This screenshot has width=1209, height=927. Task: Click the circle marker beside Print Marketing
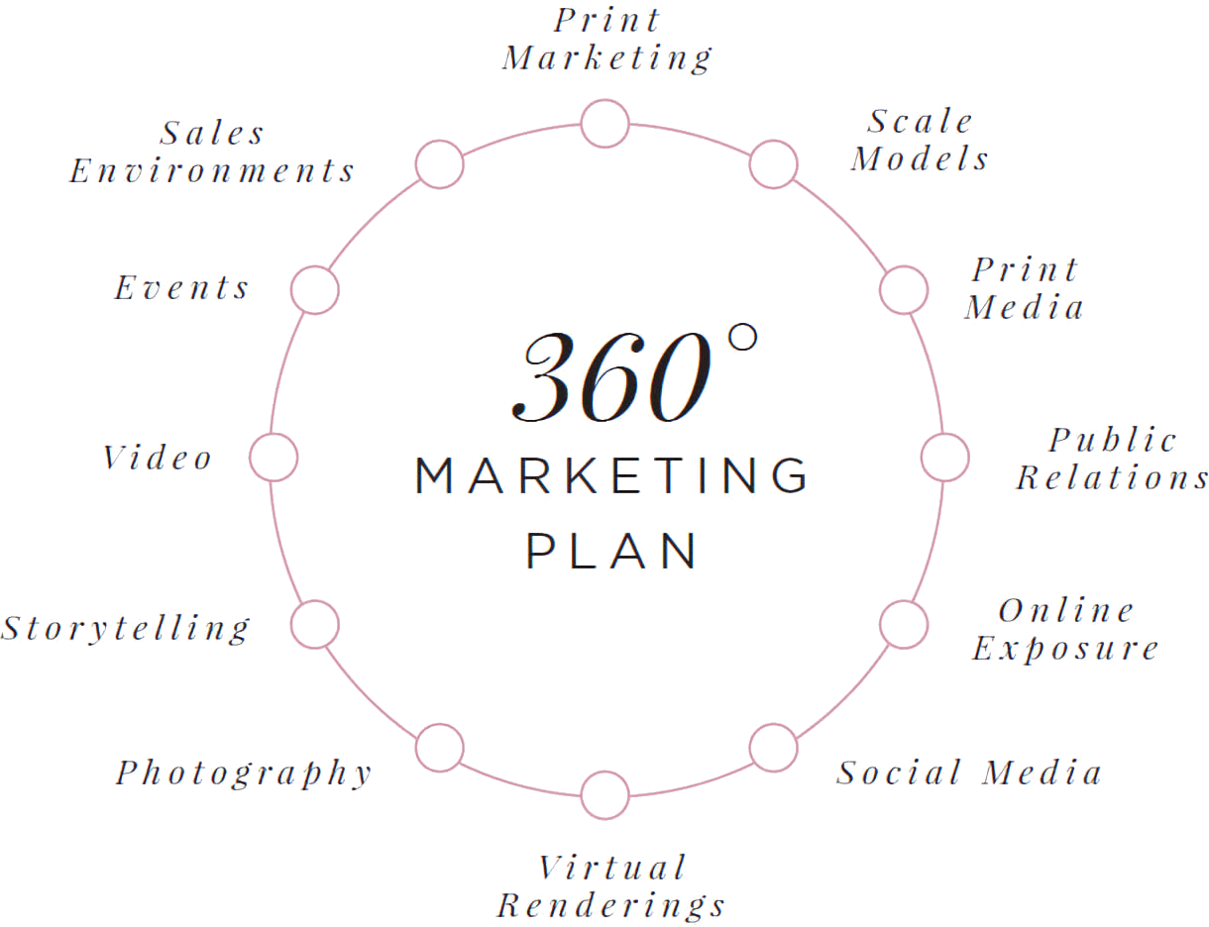pos(605,124)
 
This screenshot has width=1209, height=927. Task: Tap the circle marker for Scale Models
pos(773,164)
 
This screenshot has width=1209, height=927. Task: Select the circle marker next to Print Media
pos(905,290)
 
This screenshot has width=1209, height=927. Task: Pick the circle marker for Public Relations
pos(944,458)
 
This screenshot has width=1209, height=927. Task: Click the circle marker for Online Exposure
pos(904,625)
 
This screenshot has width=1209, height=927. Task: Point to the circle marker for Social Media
pos(773,748)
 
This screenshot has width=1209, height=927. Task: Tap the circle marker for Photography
pos(439,748)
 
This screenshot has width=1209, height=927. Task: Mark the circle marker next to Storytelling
pos(315,625)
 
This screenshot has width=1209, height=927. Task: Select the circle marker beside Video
pos(274,458)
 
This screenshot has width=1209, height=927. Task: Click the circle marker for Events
pos(315,290)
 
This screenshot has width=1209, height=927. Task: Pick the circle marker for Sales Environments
pos(439,164)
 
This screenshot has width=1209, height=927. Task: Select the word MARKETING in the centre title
pos(612,476)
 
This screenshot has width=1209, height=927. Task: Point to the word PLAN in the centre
pos(612,551)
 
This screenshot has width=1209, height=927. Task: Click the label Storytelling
pos(126,629)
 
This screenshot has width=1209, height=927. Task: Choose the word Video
pos(158,459)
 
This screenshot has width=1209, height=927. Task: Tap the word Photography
pos(244,772)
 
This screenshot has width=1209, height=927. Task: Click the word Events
pos(181,288)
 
